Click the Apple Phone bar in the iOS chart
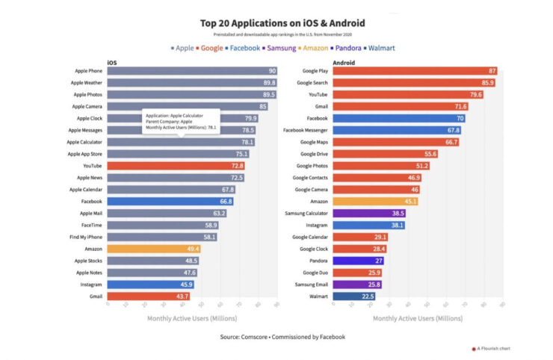point(191,71)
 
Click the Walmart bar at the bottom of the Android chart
point(354,296)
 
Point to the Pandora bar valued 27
point(358,261)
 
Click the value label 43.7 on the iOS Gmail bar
point(182,296)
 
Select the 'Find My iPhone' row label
point(87,237)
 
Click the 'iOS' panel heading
point(112,63)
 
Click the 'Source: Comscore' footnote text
point(282,337)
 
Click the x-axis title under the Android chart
point(418,318)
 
